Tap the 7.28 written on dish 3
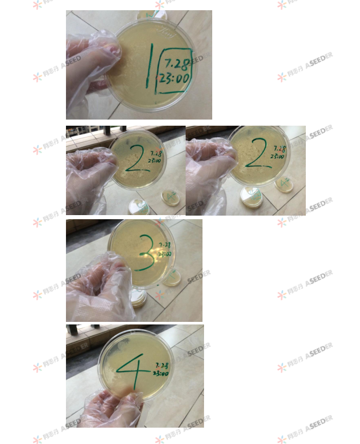[165, 245]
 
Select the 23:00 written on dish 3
[165, 254]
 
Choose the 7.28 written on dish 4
[162, 366]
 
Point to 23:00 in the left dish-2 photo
[155, 160]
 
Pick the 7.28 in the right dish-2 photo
[279, 149]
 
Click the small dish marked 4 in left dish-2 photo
[171, 197]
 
